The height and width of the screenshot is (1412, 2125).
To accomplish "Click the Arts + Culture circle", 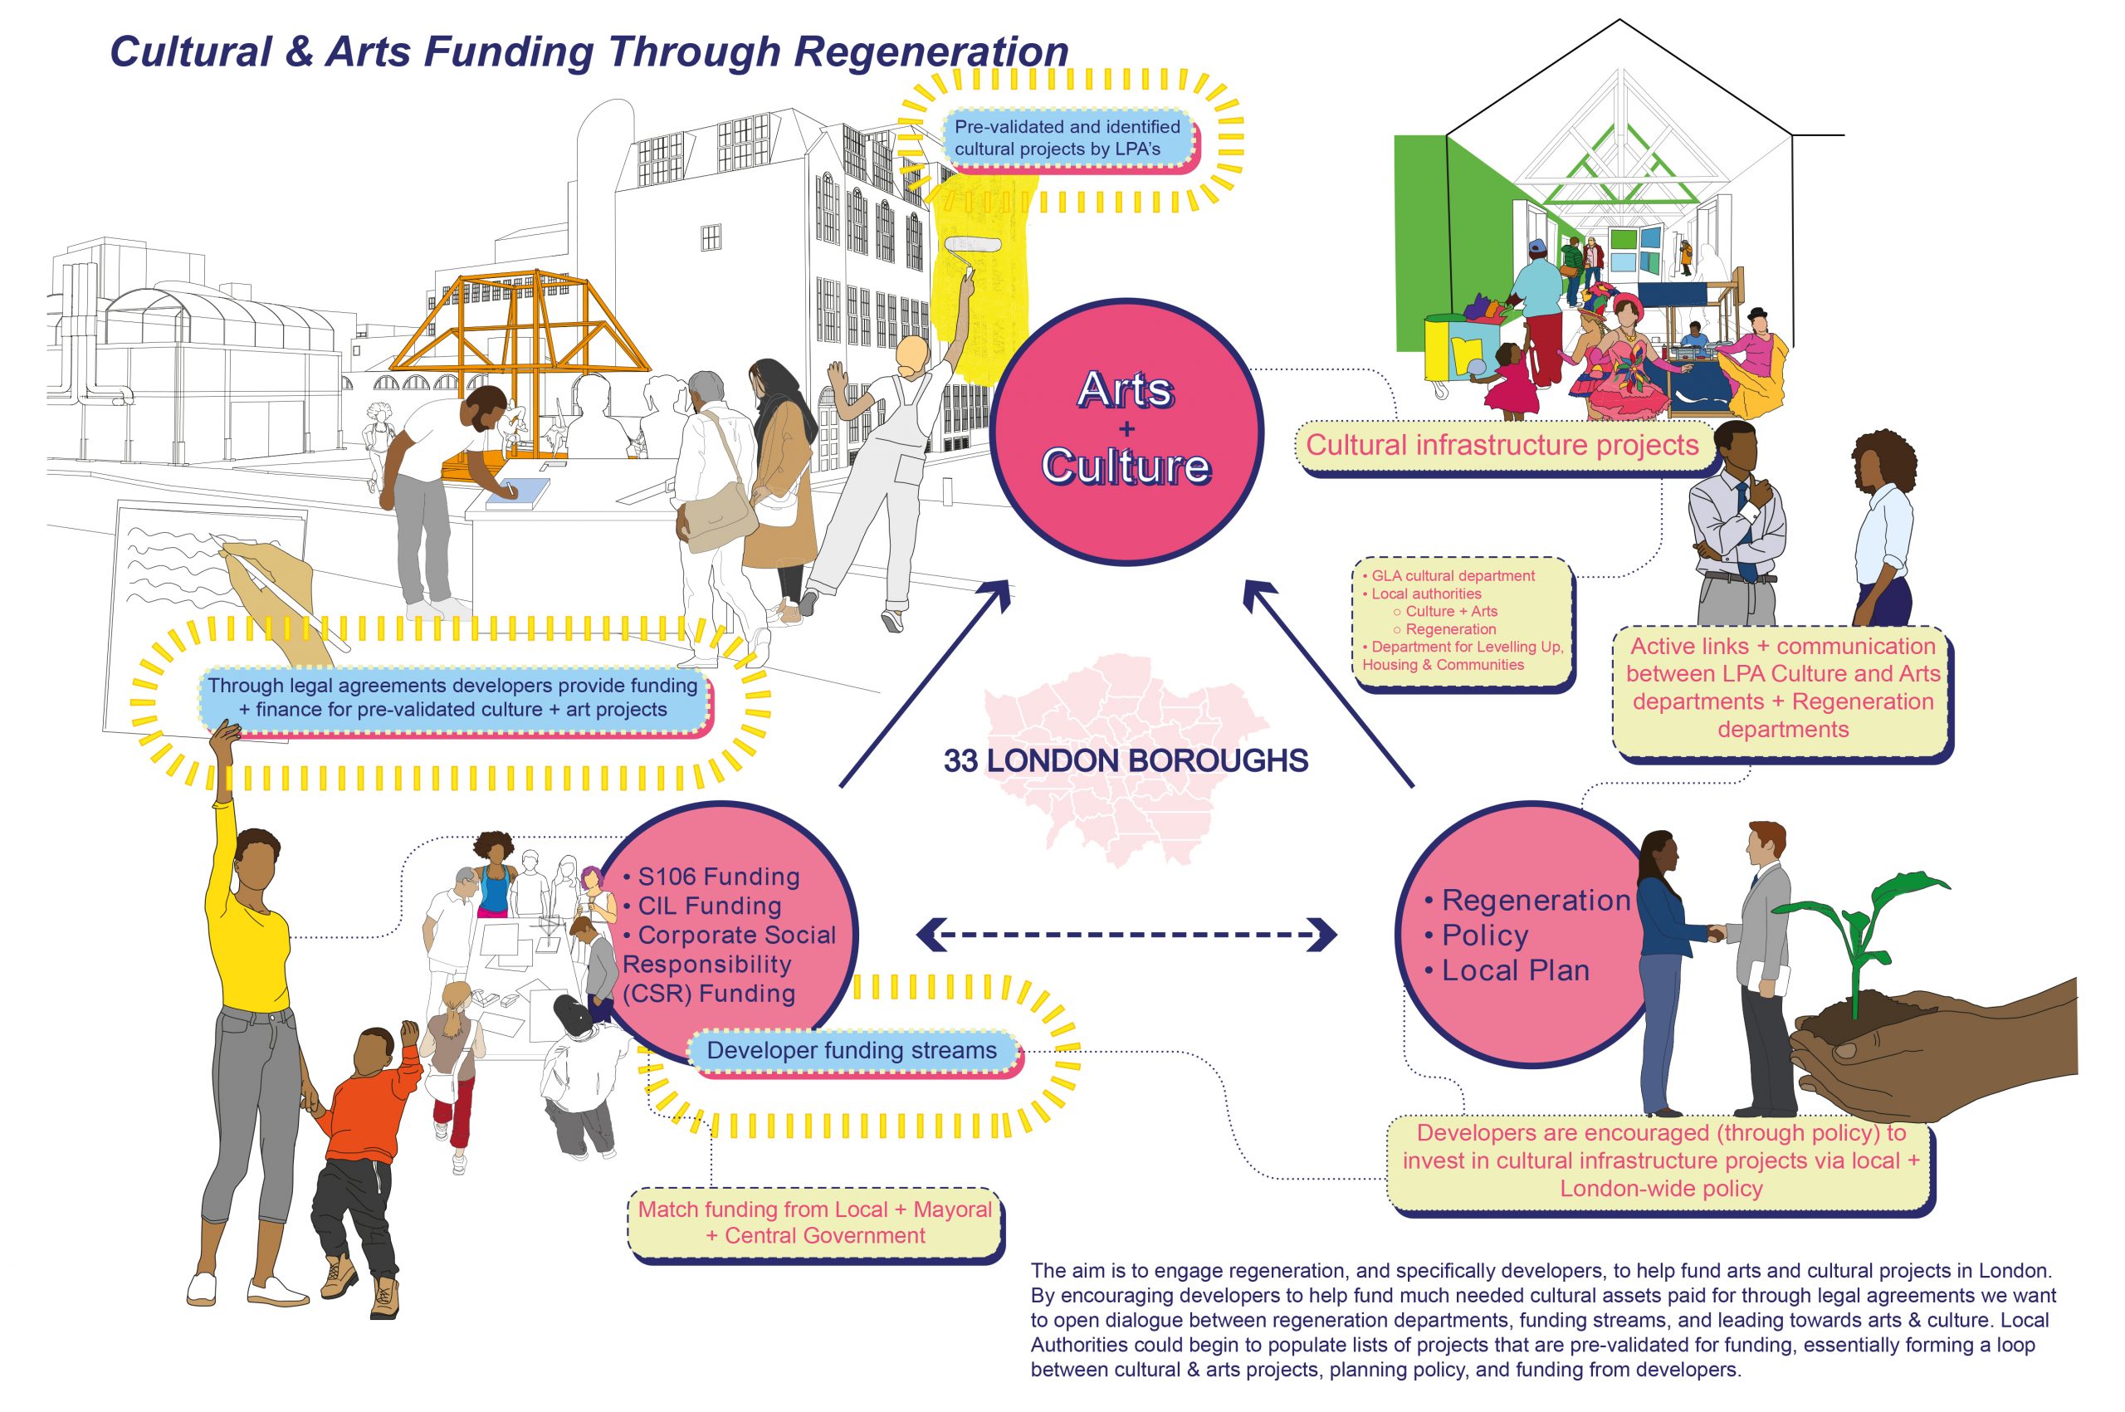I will [x=1126, y=432].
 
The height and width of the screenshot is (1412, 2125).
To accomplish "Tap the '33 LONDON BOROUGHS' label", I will [x=1125, y=761].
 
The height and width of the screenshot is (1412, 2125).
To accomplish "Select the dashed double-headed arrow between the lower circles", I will [x=1126, y=934].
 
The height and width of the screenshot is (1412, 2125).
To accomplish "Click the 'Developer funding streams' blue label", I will [x=852, y=1050].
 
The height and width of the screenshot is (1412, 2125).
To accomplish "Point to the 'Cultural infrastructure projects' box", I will [x=1502, y=445].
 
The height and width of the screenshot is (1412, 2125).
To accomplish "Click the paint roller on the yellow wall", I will [x=973, y=246].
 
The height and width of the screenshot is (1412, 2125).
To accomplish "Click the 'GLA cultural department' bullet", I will [x=1453, y=575].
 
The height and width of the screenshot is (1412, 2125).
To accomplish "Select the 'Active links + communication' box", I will [x=1782, y=688].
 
